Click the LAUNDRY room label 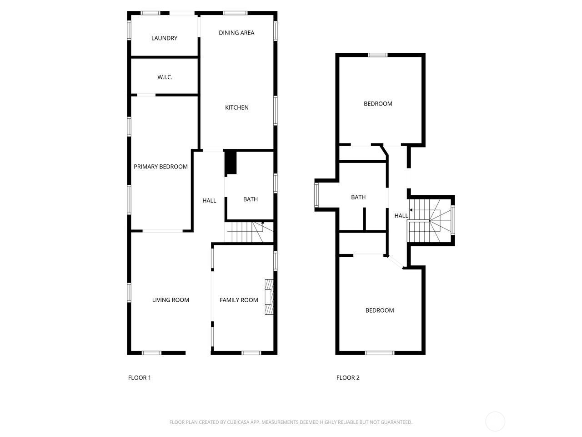164,38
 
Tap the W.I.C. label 165,77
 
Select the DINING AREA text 236,33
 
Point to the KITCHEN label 236,107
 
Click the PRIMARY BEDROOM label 161,167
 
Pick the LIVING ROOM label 171,300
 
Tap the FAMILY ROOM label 239,300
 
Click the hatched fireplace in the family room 269,297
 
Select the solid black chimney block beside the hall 231,163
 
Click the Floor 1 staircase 249,232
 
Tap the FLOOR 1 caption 139,377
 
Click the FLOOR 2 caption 348,377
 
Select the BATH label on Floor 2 358,197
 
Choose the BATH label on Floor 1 250,199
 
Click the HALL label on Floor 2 401,216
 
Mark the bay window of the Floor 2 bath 316,195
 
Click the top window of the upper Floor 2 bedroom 377,55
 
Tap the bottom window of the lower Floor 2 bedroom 379,353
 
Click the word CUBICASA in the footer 238,422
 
